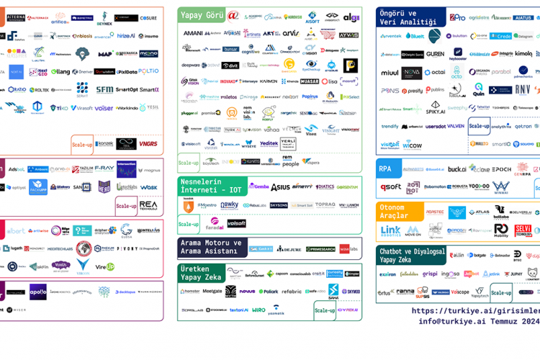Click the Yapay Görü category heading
tap(202, 14)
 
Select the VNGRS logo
tap(148, 144)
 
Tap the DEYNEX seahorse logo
tap(104, 18)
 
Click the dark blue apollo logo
tap(38, 292)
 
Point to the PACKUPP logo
tap(38, 187)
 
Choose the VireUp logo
tap(106, 266)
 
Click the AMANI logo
tap(193, 33)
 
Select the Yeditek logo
tap(269, 144)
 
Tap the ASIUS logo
tap(280, 187)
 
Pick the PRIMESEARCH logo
tap(320, 249)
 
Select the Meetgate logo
tap(212, 292)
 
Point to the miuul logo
tap(390, 73)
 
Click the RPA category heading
tap(385, 169)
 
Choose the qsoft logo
tap(391, 187)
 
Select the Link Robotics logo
tap(390, 231)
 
